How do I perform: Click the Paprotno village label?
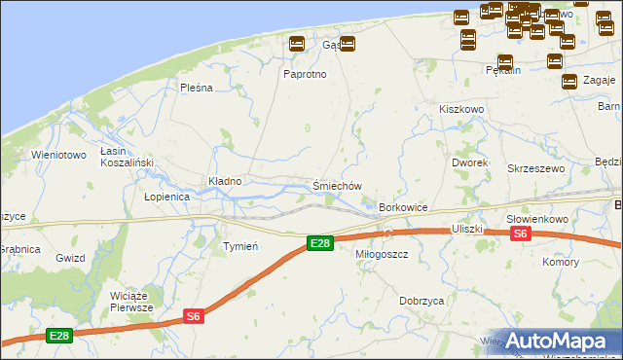[x=305, y=74]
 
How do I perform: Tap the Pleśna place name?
[x=196, y=88]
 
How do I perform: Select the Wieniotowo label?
[x=59, y=155]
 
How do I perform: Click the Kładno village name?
[x=225, y=181]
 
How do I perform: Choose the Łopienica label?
[x=166, y=197]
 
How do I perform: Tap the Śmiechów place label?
[x=337, y=186]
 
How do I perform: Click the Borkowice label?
[x=403, y=208]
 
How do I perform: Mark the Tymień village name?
[x=240, y=246]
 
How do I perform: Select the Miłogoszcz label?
[x=382, y=253]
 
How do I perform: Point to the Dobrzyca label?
[x=421, y=302]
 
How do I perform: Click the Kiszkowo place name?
[x=461, y=110]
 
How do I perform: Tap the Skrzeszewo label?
[x=535, y=168]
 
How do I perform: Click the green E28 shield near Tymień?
[x=319, y=242]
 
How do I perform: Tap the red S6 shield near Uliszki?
[x=520, y=234]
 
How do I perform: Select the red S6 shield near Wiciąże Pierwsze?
[x=194, y=315]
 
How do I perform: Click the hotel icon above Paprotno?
[x=297, y=44]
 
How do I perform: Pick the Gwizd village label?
[x=71, y=258]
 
